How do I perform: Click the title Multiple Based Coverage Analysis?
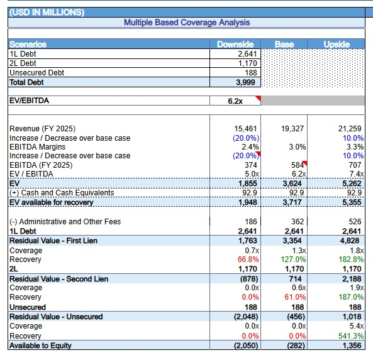coord(187,23)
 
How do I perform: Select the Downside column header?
coord(235,44)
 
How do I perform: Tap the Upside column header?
coord(337,44)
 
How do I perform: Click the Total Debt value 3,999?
coord(245,82)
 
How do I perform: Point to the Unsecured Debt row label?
coord(37,72)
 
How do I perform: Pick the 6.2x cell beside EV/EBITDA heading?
coord(235,101)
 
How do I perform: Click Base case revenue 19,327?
coord(292,129)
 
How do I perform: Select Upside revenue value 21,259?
coord(350,129)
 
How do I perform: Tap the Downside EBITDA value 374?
coord(251,165)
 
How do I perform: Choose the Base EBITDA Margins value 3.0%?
coord(298,147)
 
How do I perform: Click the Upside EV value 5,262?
coord(352,183)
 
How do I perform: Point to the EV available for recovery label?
coord(52,202)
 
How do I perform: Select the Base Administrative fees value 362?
coord(298,221)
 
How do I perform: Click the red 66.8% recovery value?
coord(248,259)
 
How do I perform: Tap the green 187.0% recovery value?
coord(351,297)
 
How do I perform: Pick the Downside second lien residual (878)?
coord(249,279)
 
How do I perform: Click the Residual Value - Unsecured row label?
coord(56,317)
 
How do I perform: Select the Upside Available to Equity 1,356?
coord(352,346)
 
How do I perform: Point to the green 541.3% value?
coord(351,336)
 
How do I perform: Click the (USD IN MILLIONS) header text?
coord(47,13)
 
